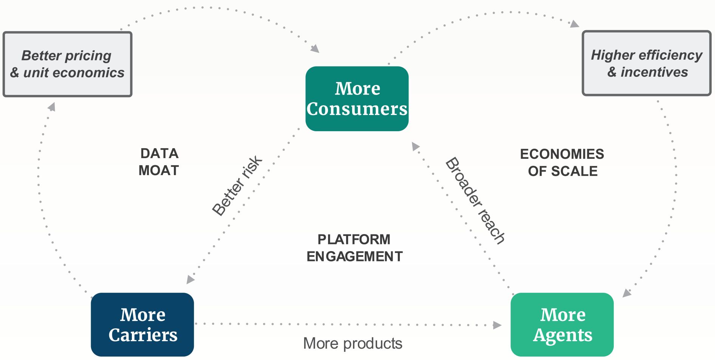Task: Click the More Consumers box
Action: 357,99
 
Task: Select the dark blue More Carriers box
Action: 142,324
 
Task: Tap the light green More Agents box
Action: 562,324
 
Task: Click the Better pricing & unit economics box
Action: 67,64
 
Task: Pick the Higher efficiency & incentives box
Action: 647,63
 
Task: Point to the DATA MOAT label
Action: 159,162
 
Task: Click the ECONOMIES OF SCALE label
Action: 562,163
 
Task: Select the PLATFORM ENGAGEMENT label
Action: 354,248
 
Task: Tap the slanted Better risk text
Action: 237,186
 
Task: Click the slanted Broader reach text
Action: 475,200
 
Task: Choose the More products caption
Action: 353,343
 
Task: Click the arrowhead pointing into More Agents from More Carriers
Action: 497,325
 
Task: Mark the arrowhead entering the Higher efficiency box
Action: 574,24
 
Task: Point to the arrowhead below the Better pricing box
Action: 52,107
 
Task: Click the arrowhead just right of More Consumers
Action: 415,146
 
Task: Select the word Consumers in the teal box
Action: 357,109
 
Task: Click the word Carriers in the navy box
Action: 143,335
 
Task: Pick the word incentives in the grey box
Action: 654,72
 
